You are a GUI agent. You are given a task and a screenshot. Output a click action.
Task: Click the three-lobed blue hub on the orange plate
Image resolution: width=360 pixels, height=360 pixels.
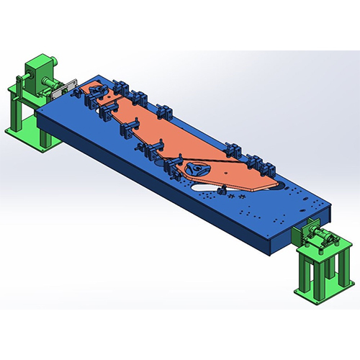[194, 169]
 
